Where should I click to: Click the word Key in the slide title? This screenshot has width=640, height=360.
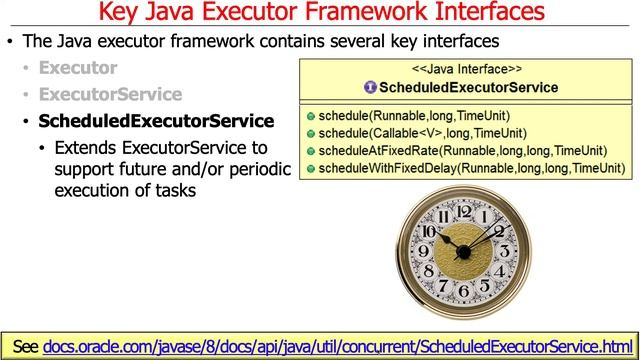[x=126, y=13]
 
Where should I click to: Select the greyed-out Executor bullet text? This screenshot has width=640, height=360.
[x=78, y=69]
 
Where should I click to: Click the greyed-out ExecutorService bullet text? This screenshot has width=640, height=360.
[x=110, y=95]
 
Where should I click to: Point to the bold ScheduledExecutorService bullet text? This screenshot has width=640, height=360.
[x=155, y=121]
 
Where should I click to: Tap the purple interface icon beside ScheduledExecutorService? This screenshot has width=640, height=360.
[x=370, y=88]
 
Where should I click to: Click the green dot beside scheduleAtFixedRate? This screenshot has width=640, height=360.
[x=311, y=151]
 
